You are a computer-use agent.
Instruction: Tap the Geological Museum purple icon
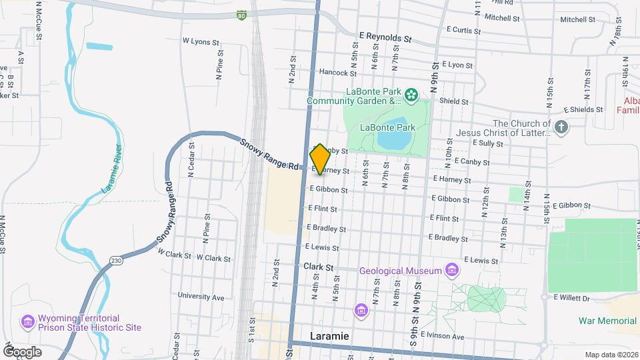[453, 270]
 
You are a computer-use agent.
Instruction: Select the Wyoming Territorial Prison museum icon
[27, 323]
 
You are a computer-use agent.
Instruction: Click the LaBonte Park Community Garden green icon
[412, 95]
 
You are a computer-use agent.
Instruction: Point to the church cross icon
[561, 127]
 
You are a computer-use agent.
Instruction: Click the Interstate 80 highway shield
[241, 14]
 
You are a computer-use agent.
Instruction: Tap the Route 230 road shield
[116, 260]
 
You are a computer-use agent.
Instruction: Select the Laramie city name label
[329, 336]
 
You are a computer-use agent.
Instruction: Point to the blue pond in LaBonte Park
[393, 140]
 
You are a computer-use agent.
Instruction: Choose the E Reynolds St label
[385, 38]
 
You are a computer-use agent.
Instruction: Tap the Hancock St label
[334, 72]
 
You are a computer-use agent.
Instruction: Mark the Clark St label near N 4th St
[318, 267]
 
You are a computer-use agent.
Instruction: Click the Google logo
[22, 351]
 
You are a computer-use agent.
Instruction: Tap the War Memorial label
[607, 321]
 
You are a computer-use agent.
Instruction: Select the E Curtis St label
[464, 30]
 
